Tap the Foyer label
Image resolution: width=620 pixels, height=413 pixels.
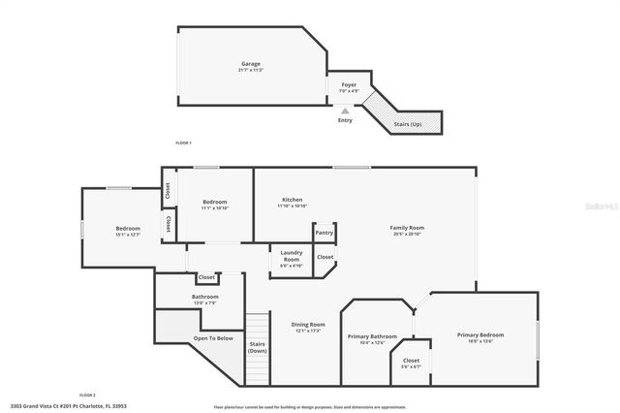pyautogui.click(x=349, y=85)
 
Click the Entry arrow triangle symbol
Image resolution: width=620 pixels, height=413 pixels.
pyautogui.click(x=345, y=111)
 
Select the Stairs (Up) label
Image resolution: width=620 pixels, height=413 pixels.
pyautogui.click(x=408, y=124)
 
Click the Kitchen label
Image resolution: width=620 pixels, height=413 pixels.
pyautogui.click(x=292, y=200)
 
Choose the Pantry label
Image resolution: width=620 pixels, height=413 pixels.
pyautogui.click(x=324, y=233)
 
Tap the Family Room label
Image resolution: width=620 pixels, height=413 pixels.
pyautogui.click(x=409, y=228)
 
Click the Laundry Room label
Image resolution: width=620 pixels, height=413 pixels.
pyautogui.click(x=292, y=256)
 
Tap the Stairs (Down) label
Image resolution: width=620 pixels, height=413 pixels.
pyautogui.click(x=257, y=346)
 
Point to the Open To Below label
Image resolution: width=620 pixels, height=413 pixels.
pyautogui.click(x=213, y=338)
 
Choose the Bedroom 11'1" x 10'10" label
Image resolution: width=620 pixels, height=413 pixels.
pyautogui.click(x=214, y=205)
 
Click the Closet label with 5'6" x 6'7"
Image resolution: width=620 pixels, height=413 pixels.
pyautogui.click(x=412, y=362)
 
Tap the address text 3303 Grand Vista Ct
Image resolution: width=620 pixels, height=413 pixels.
pyautogui.click(x=69, y=406)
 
